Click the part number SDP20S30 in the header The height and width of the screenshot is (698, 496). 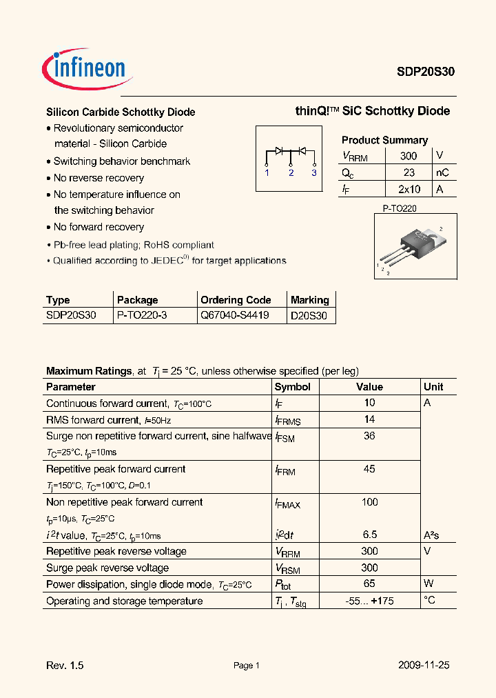[x=424, y=71]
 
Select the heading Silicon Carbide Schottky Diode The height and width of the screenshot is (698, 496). [x=121, y=112]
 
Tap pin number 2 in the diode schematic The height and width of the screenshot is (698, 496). [x=291, y=172]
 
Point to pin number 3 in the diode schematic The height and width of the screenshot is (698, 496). [x=313, y=172]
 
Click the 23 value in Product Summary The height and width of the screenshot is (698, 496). [x=409, y=172]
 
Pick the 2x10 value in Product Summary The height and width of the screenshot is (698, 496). [x=409, y=189]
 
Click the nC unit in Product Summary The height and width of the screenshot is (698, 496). [x=442, y=172]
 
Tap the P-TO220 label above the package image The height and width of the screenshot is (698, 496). [x=400, y=208]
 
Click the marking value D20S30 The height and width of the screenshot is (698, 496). [x=309, y=316]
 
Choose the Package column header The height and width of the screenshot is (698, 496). [x=138, y=300]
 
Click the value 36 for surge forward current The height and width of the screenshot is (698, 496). [x=369, y=436]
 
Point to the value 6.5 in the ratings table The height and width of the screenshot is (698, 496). [x=369, y=535]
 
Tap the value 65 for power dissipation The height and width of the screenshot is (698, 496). [x=369, y=584]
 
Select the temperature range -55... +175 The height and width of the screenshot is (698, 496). [x=369, y=601]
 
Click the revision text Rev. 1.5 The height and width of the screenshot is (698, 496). [x=65, y=666]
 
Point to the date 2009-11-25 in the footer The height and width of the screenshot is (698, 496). [x=424, y=666]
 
